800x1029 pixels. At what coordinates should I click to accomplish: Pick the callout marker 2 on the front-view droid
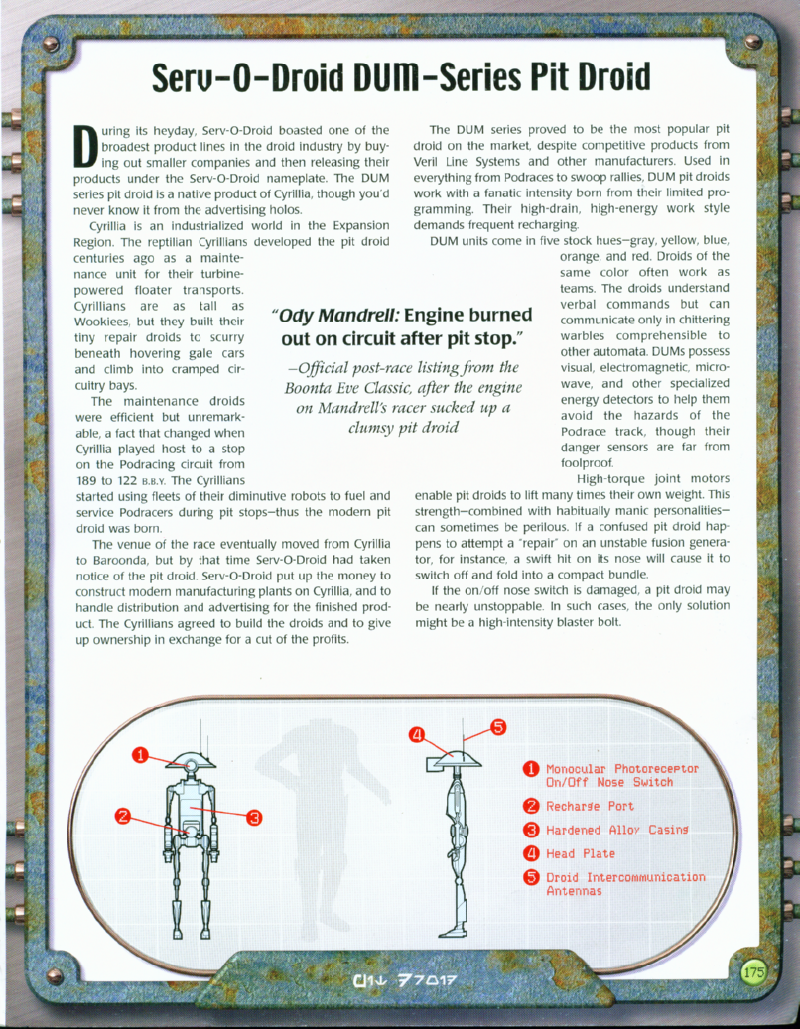122,817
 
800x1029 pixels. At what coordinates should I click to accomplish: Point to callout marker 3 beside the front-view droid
254,817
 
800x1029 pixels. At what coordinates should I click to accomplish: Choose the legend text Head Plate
581,853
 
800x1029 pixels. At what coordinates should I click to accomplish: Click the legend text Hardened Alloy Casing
616,830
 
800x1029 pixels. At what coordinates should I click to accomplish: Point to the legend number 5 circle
531,877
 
